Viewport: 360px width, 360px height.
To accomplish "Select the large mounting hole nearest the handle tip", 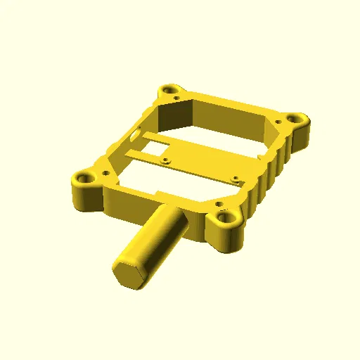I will pos(85,179).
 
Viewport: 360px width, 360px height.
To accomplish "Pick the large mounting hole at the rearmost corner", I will pos(169,90).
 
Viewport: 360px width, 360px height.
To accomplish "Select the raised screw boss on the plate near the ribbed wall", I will pos(236,179).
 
